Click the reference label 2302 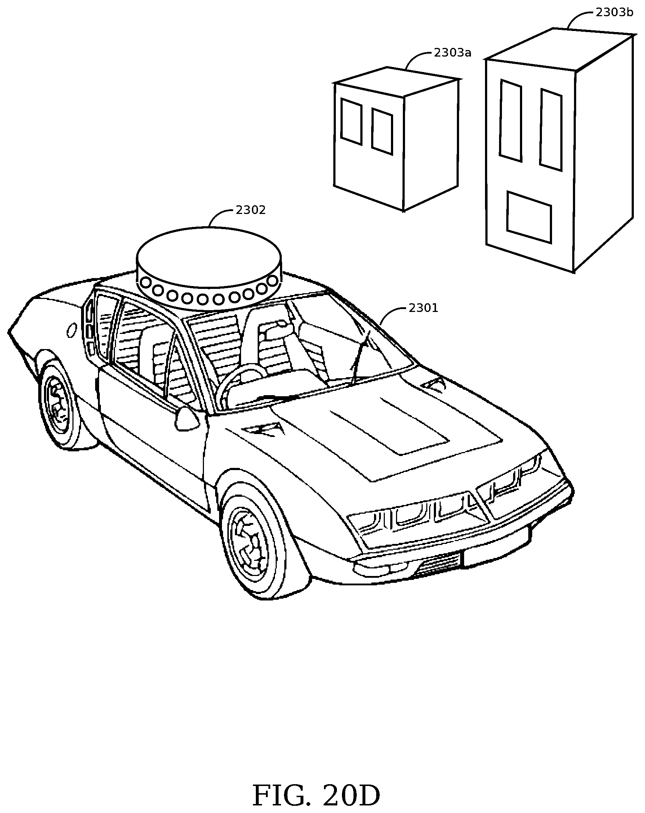click(250, 210)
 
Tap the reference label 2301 click(423, 308)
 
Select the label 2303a click(452, 53)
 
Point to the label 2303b click(614, 13)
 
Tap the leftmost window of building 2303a click(351, 122)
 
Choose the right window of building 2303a click(382, 131)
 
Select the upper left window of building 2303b click(511, 120)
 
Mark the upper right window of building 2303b click(551, 129)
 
